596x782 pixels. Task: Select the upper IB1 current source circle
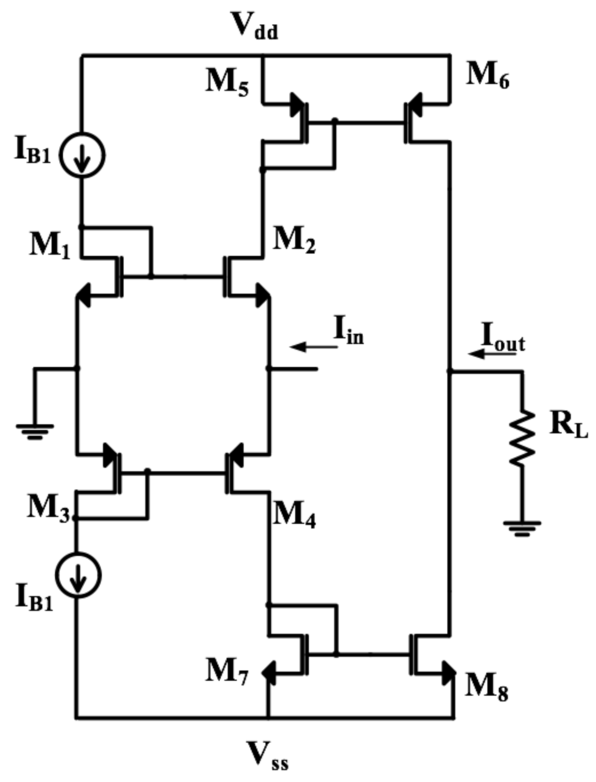(x=82, y=155)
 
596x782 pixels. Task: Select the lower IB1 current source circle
(x=78, y=575)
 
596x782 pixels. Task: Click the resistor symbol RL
(x=522, y=437)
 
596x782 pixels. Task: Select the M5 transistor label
(x=227, y=81)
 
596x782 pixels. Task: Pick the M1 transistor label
(x=50, y=245)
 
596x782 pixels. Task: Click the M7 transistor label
(x=226, y=672)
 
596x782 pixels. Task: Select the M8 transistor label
(x=486, y=688)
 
